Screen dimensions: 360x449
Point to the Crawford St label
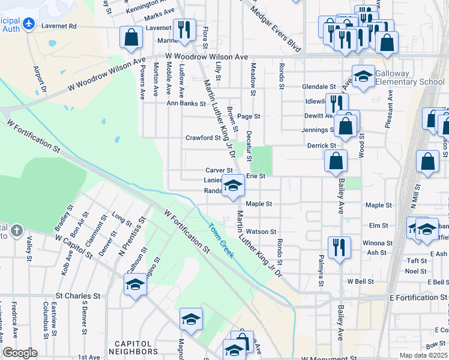click(203, 137)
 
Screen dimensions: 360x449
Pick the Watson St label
click(261, 231)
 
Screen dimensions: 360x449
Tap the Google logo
click(20, 353)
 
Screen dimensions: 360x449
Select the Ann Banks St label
click(187, 103)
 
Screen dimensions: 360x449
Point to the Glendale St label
click(319, 87)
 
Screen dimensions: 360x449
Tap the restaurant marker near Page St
click(336, 103)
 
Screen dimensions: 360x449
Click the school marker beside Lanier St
click(233, 185)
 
